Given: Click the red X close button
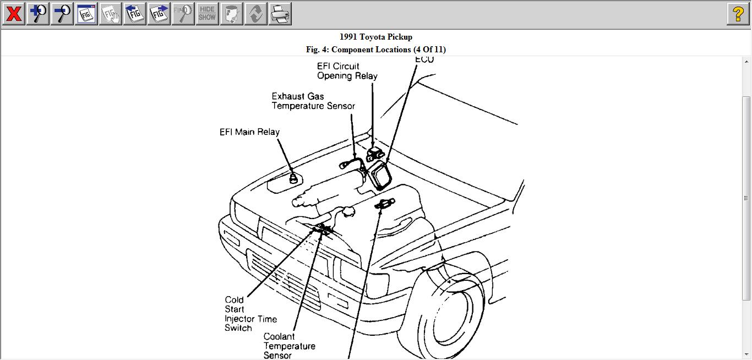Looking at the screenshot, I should click(x=13, y=14).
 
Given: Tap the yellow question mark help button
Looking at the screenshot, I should click(x=738, y=14).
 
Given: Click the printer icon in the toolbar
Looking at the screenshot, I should click(x=280, y=14).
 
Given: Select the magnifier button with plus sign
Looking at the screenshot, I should click(x=37, y=14).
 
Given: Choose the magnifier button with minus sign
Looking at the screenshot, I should click(x=62, y=14).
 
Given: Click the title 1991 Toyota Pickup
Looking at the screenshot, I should click(x=375, y=37).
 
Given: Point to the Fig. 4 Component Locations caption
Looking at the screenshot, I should click(x=375, y=50).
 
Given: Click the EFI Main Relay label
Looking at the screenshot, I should click(x=249, y=132).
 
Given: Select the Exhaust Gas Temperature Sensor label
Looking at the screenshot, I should click(x=313, y=101).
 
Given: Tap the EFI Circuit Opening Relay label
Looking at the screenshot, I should click(x=347, y=71).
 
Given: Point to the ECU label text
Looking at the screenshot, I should click(x=424, y=59).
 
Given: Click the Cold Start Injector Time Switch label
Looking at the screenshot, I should click(x=250, y=314).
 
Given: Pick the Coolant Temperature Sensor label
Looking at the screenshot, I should click(x=289, y=346).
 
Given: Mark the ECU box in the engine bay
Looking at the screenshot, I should click(x=380, y=175).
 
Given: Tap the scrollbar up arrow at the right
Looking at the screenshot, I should click(x=746, y=61).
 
